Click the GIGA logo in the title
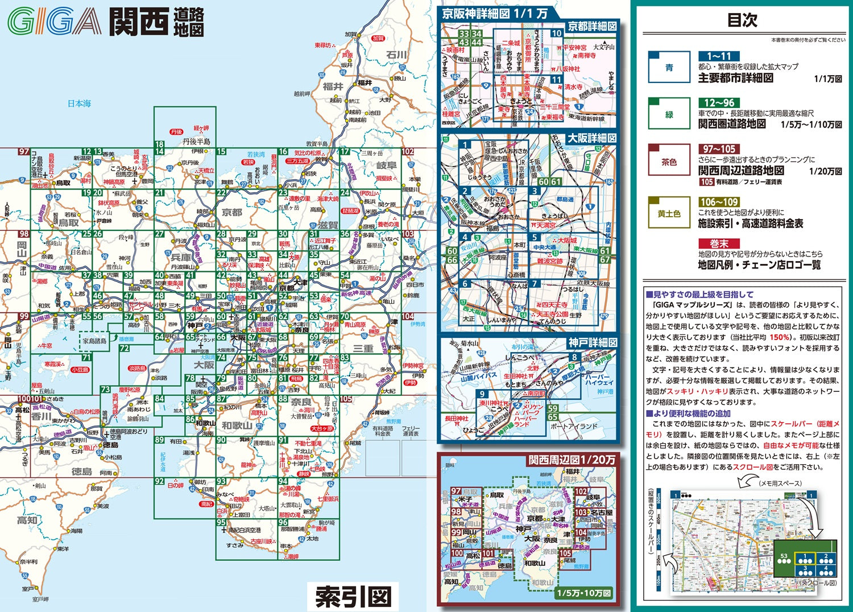[x=54, y=22]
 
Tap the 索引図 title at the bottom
[x=353, y=597]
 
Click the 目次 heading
[x=742, y=20]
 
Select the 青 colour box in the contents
[x=669, y=68]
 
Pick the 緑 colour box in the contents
[x=669, y=114]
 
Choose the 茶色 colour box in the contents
[x=669, y=162]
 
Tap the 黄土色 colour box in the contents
[x=669, y=213]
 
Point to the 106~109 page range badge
[x=719, y=202]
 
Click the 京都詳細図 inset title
[x=592, y=26]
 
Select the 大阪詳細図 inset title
[x=591, y=138]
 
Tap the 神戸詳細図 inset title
[x=592, y=343]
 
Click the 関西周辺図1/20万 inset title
[x=572, y=460]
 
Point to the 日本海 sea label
[x=79, y=104]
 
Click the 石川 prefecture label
[x=397, y=55]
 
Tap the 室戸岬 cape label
[x=40, y=599]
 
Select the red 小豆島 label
[x=80, y=370]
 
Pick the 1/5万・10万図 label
[x=583, y=593]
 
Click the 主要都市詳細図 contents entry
[x=735, y=78]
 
